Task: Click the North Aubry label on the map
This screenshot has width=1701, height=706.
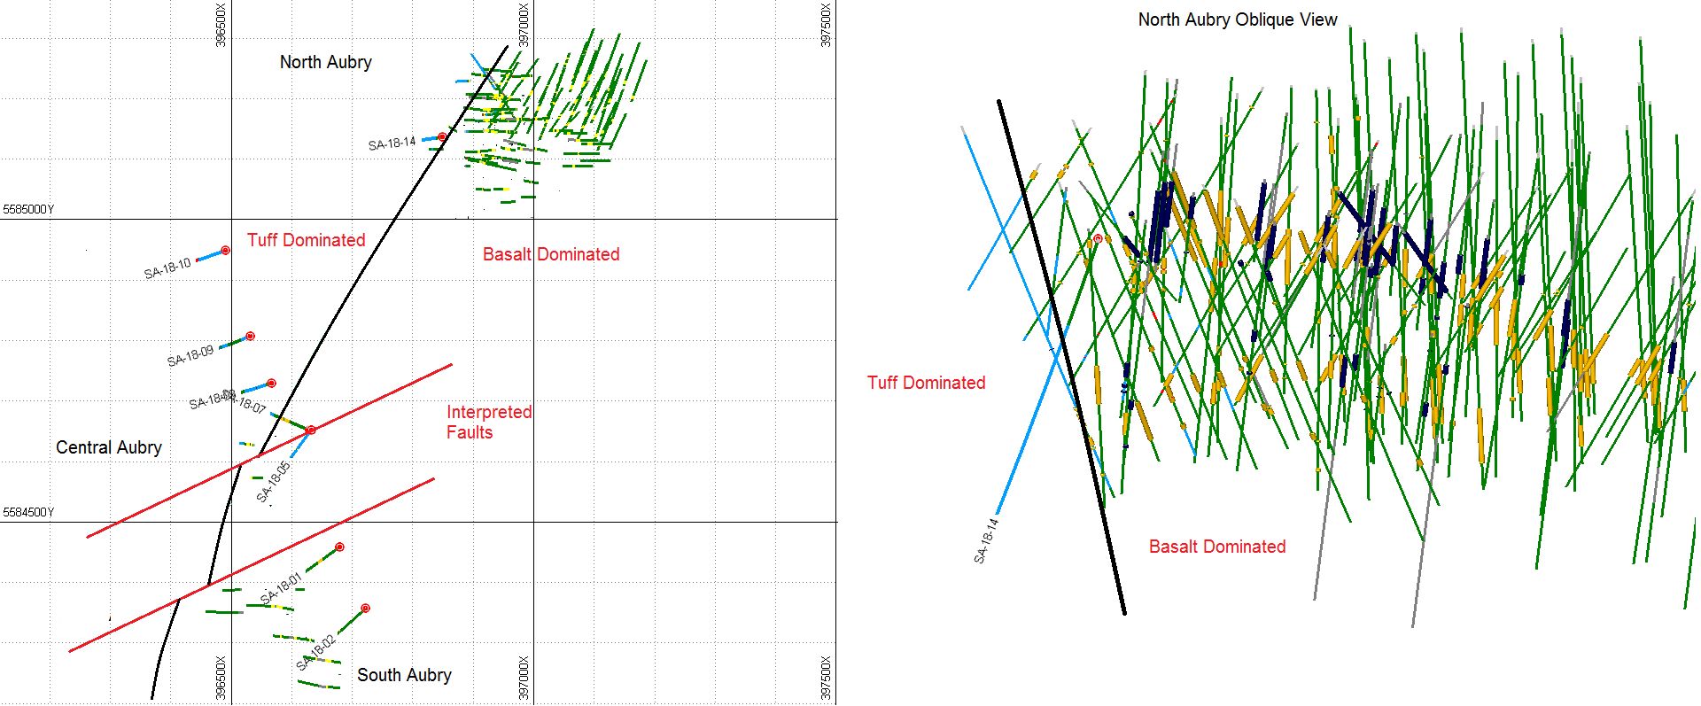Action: pyautogui.click(x=325, y=62)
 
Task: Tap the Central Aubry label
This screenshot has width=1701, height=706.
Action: pyautogui.click(x=109, y=447)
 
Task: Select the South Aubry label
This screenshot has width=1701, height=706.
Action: pyautogui.click(x=404, y=675)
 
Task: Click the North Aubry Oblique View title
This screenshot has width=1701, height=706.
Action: pyautogui.click(x=1237, y=19)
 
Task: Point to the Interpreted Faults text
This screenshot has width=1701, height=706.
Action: pyautogui.click(x=488, y=423)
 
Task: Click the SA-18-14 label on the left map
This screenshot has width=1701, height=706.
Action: pyautogui.click(x=392, y=144)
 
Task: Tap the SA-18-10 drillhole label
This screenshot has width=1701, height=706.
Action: pyautogui.click(x=167, y=268)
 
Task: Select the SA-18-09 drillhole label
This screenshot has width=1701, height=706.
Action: pyautogui.click(x=190, y=356)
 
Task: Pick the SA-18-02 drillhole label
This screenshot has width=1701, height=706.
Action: pyautogui.click(x=315, y=653)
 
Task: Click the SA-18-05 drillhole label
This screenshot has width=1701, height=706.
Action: pyautogui.click(x=273, y=483)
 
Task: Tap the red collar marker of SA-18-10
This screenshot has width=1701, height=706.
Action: pyautogui.click(x=226, y=251)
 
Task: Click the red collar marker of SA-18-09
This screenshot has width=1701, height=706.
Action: pyautogui.click(x=251, y=337)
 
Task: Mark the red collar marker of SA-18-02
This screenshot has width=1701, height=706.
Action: pyautogui.click(x=365, y=609)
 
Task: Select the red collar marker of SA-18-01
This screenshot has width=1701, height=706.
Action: pyautogui.click(x=339, y=547)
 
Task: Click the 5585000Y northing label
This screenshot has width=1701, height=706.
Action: pyautogui.click(x=28, y=210)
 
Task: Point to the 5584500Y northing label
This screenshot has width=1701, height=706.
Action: pyautogui.click(x=28, y=513)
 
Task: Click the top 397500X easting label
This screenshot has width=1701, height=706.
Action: pyautogui.click(x=827, y=27)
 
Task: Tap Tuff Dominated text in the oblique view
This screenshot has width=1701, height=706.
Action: pyautogui.click(x=926, y=383)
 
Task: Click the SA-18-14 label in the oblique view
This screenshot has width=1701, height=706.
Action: pyautogui.click(x=986, y=541)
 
